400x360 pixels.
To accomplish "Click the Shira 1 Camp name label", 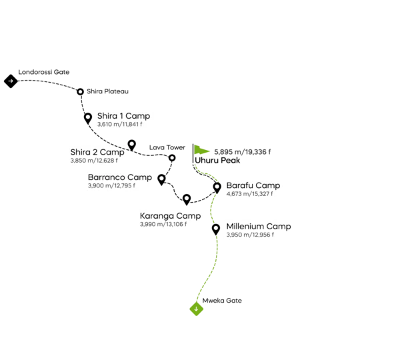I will tap(123, 116).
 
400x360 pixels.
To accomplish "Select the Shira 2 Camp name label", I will tap(97, 152).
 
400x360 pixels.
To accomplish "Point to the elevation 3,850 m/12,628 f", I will tap(93, 160).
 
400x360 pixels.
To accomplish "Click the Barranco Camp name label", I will tap(120, 177).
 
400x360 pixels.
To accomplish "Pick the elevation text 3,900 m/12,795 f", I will tap(111, 185).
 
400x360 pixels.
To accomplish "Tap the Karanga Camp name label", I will tap(170, 216).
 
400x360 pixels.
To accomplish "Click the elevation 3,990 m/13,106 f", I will tap(163, 225).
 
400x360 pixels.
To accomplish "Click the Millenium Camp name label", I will tap(258, 227).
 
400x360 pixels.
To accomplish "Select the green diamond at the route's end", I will tap(197, 309).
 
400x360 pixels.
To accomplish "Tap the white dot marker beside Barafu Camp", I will tap(217, 187).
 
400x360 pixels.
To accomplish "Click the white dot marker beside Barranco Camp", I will tap(161, 178).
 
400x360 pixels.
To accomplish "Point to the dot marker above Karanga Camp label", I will tap(186, 197).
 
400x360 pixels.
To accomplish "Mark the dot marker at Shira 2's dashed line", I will tap(132, 143).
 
